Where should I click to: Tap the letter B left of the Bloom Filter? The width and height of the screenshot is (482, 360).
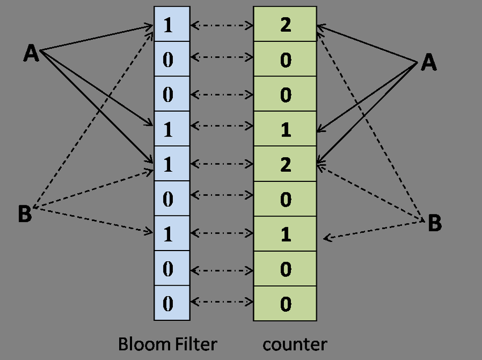pos(25,215)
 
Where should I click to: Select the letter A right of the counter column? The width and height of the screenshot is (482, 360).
pos(429,63)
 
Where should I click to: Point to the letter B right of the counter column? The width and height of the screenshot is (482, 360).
pos(434,223)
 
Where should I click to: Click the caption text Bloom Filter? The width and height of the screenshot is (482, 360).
pos(168,344)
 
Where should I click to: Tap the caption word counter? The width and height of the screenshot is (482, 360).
pos(294,344)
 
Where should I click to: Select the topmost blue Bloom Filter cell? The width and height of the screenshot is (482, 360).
pos(172,25)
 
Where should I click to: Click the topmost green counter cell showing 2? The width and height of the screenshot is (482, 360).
pos(285,25)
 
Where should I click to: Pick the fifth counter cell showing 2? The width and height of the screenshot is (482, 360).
pos(285,164)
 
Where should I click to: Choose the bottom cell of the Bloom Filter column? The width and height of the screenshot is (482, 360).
pos(172,303)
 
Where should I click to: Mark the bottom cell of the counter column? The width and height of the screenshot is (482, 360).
pos(285,303)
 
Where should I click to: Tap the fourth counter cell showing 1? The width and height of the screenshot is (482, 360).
pos(285,129)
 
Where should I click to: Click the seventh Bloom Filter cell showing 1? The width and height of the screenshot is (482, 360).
pos(172,234)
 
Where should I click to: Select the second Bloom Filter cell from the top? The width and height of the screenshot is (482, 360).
pos(172,60)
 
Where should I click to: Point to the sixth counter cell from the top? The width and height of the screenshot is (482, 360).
pos(285,199)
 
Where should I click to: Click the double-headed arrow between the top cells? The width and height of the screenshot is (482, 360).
pos(222,25)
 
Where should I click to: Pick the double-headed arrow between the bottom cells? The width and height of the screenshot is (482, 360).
pos(222,303)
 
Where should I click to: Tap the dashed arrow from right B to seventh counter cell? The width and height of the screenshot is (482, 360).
pos(374,229)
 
